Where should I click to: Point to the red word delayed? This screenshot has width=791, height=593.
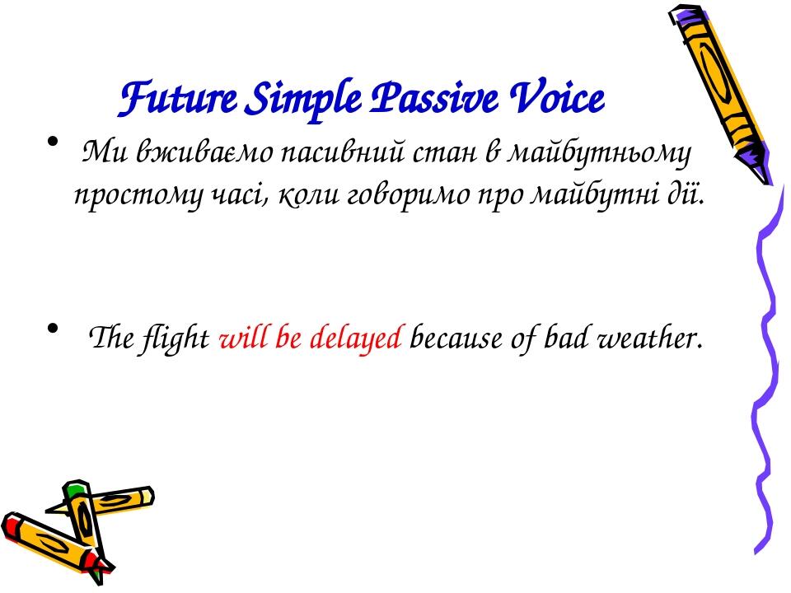358,338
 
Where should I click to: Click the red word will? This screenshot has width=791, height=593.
241,338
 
